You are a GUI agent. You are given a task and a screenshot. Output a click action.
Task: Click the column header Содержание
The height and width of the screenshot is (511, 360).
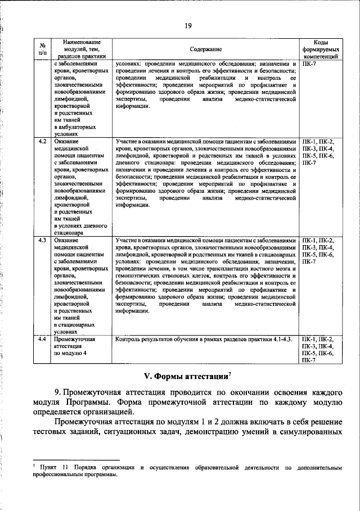tap(206, 50)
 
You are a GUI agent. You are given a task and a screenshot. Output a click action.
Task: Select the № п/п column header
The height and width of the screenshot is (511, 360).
tap(42, 50)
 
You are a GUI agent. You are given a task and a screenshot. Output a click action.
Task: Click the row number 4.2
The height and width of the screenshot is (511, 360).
tap(42, 141)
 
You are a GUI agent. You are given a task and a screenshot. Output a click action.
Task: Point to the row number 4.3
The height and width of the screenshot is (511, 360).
tap(42, 240)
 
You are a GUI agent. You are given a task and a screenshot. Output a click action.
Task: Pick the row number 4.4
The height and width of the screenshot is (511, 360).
tap(42, 340)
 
